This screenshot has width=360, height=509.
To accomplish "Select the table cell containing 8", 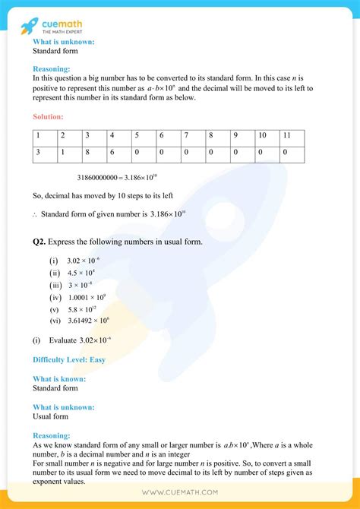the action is pyautogui.click(x=93, y=152).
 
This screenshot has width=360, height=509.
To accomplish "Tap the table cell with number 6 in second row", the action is pyautogui.click(x=118, y=152).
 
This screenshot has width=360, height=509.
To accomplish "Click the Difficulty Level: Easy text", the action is pyautogui.click(x=68, y=359).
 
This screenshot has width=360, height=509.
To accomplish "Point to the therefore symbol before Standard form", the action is pyautogui.click(x=35, y=214).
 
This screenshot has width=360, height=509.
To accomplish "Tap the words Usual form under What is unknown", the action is pyautogui.click(x=50, y=416).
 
